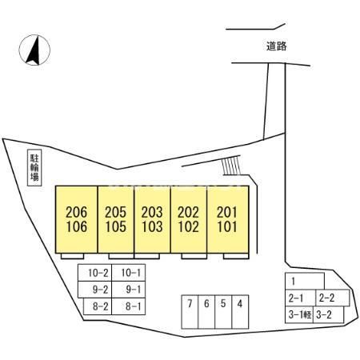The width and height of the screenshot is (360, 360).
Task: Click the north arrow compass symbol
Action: pyautogui.click(x=34, y=50)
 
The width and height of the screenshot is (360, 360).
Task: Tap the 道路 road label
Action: pyautogui.click(x=277, y=46)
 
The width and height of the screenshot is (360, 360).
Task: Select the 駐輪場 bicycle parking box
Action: pyautogui.click(x=34, y=168)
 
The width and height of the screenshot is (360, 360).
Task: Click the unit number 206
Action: pyautogui.click(x=77, y=213)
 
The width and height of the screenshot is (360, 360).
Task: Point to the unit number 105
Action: pyautogui.click(x=116, y=226)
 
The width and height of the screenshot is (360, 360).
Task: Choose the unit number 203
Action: pyautogui.click(x=152, y=213)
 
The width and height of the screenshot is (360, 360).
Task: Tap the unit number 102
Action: pyautogui.click(x=188, y=226)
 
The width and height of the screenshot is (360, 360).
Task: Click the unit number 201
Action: pyautogui.click(x=227, y=213)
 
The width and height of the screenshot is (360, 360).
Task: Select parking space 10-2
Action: pyautogui.click(x=95, y=273)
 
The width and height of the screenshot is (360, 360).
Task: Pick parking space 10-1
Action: pyautogui.click(x=129, y=273)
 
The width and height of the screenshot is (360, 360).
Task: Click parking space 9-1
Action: pyautogui.click(x=129, y=290)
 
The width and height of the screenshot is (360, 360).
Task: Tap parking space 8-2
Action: pyautogui.click(x=98, y=306)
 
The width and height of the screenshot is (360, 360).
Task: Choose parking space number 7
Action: pyautogui.click(x=190, y=312)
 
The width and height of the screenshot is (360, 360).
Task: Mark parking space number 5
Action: pyautogui.click(x=223, y=312)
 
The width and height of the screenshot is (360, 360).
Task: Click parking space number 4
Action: pyautogui.click(x=240, y=312)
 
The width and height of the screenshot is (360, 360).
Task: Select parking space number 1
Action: pyautogui.click(x=305, y=281)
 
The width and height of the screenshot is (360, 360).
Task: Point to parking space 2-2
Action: pyautogui.click(x=333, y=298)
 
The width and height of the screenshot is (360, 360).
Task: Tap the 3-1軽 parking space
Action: pyautogui.click(x=299, y=315)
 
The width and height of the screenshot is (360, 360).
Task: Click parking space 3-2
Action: pyautogui.click(x=329, y=315)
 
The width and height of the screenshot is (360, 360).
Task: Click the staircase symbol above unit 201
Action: pyautogui.click(x=231, y=166)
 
